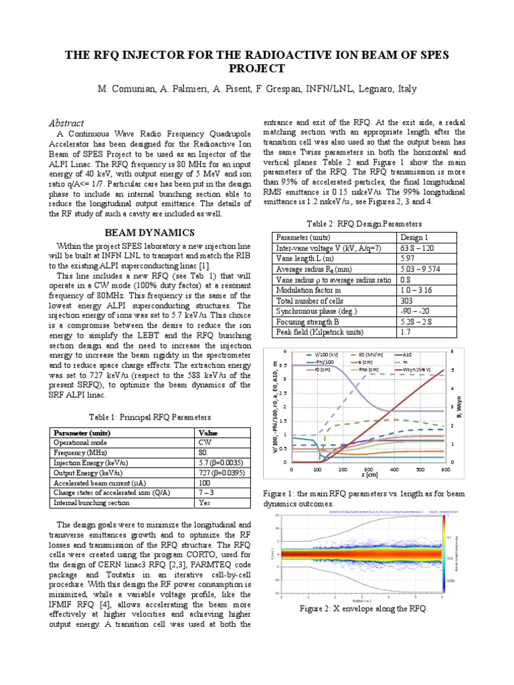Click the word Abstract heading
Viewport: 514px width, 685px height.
point(66,122)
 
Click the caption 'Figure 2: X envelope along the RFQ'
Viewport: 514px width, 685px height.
point(366,609)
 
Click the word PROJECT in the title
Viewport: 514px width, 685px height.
point(256,69)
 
